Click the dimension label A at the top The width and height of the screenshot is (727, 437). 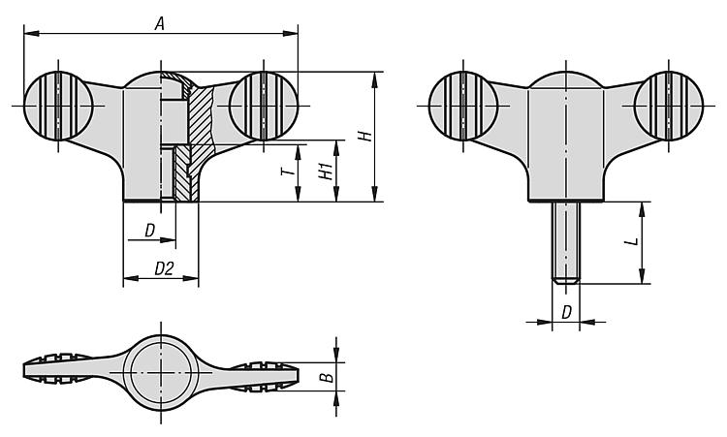coord(160,23)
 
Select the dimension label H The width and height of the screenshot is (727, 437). coord(366,136)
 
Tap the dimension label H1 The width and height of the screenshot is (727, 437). coord(326,171)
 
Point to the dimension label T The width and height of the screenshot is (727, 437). coord(288,172)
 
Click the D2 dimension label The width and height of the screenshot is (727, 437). coord(164,268)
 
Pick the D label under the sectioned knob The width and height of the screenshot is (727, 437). coord(149,231)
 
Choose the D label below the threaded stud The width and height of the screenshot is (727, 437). coord(567,313)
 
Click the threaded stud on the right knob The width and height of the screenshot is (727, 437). coord(566,243)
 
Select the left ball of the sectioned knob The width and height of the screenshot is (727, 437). coord(58,106)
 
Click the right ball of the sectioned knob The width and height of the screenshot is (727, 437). coord(264,106)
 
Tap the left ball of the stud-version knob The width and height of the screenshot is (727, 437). coord(463,106)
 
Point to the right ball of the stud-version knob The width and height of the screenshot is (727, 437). coord(669,106)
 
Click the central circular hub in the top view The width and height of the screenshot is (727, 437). coord(161,373)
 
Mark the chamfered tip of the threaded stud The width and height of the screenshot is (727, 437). coord(566,280)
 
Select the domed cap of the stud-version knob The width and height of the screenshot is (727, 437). coord(566,79)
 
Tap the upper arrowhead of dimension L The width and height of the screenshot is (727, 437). coord(642,209)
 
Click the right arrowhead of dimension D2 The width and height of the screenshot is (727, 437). coord(192,278)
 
